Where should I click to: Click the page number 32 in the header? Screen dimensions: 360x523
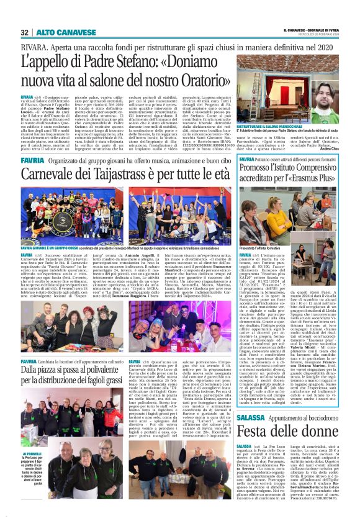25,32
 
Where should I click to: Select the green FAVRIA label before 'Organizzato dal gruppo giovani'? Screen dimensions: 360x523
31,160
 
